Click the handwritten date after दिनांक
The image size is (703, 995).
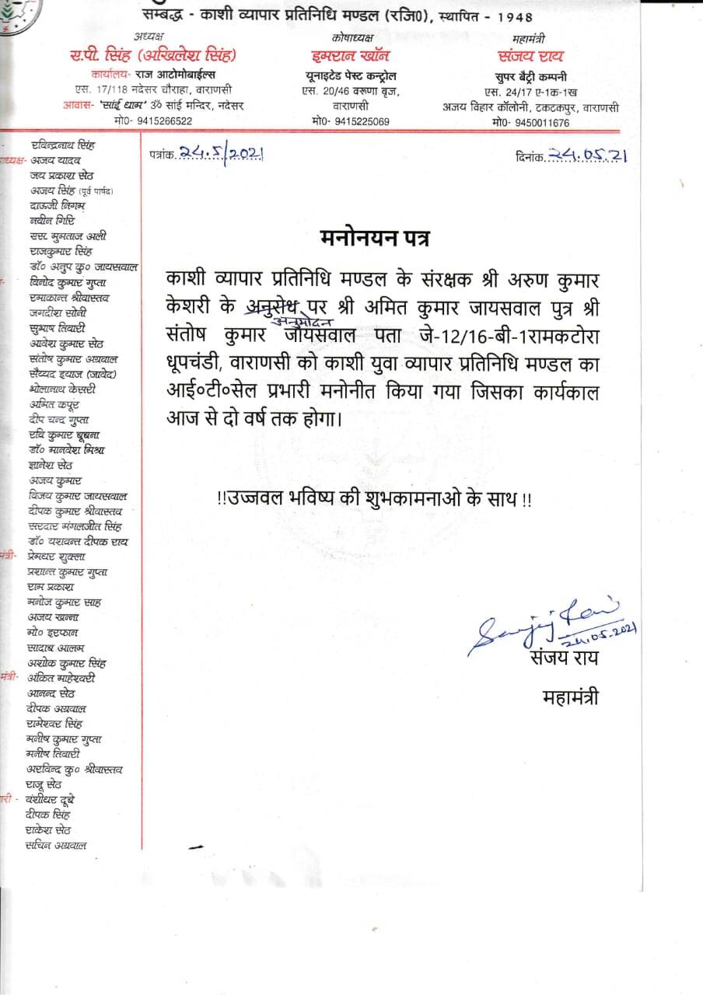pos(588,155)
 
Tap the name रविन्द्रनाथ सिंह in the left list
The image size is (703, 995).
pos(62,145)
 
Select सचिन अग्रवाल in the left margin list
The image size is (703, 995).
pos(55,845)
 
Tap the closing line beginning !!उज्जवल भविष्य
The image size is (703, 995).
pos(375,499)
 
